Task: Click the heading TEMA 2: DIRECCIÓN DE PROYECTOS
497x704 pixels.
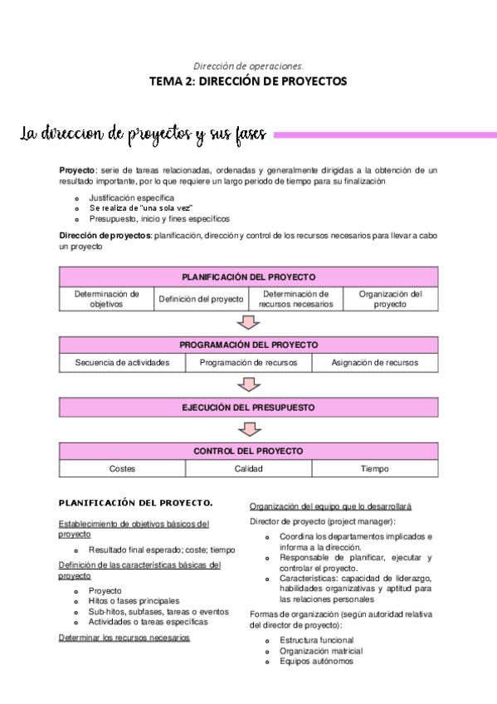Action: (248, 81)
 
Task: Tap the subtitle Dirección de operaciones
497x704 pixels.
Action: (248, 65)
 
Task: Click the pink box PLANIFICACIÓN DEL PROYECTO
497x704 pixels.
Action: (248, 277)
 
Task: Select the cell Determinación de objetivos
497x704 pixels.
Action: (106, 299)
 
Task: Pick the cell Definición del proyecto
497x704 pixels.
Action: (201, 299)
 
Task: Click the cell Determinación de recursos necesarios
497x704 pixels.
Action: (295, 299)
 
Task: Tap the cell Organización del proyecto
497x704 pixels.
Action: (390, 299)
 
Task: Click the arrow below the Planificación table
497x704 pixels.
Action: (249, 323)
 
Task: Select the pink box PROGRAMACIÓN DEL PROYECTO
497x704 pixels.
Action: (248, 345)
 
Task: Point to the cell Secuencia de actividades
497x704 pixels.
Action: (122, 363)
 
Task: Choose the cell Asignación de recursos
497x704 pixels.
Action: (374, 363)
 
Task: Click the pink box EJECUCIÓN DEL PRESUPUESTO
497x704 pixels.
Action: (248, 408)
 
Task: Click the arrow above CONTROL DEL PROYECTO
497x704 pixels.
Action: (249, 429)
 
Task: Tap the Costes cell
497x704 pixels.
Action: (122, 469)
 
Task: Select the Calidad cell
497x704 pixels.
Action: (248, 469)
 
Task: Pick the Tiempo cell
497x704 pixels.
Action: (374, 469)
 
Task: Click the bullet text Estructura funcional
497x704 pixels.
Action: (316, 640)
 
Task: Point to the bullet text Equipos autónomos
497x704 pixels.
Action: (316, 662)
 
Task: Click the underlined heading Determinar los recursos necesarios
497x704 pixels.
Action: (124, 638)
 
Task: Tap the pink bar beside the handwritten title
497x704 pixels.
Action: (384, 134)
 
